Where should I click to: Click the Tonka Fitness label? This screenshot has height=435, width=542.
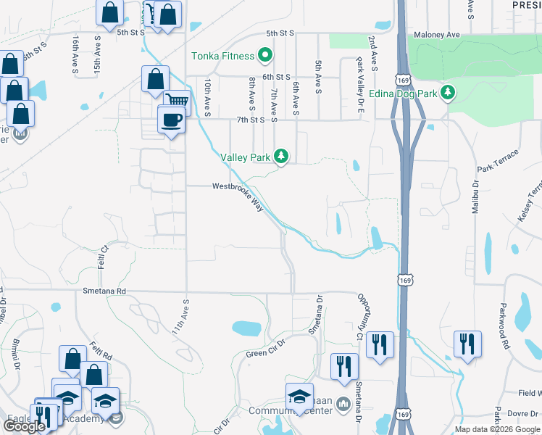coord(222,56)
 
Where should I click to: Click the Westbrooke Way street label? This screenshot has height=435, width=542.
coord(238,196)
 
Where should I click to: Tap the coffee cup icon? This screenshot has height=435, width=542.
coord(171,120)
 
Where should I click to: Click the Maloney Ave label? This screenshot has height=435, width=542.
coord(438,34)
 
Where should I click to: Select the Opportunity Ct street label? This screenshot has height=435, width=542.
coord(360,316)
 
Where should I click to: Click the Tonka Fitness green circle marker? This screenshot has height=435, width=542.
coord(265,55)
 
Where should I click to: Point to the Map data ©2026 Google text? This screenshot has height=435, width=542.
coord(496,429)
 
